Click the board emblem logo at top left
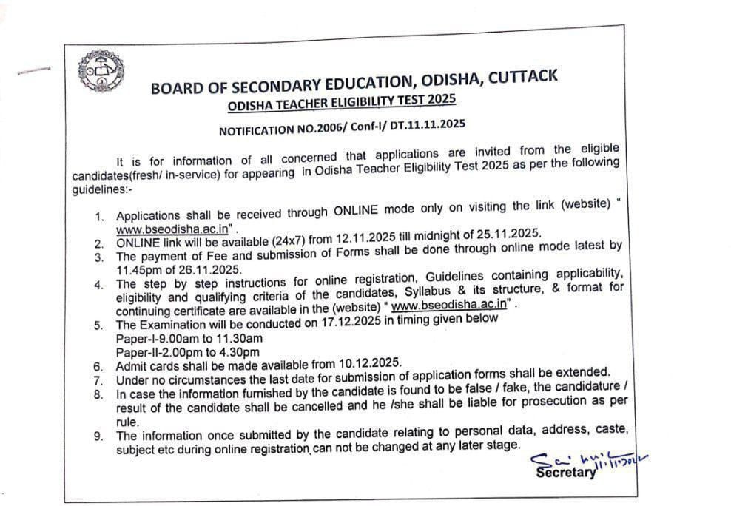(x=98, y=70)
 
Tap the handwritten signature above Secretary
(x=585, y=459)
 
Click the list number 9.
(x=98, y=436)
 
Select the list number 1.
(x=98, y=217)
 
